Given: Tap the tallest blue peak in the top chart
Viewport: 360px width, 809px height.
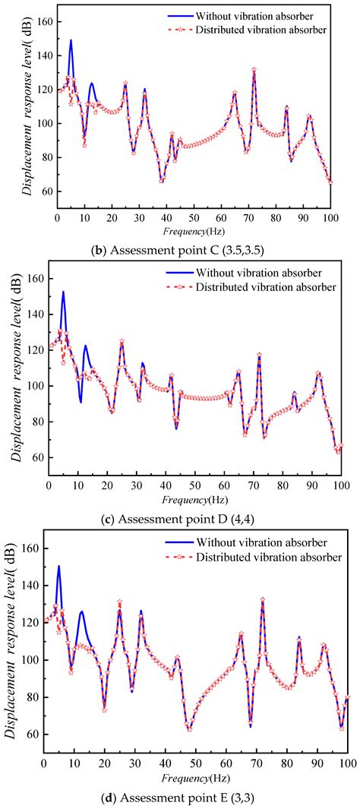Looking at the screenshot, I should click(71, 40).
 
